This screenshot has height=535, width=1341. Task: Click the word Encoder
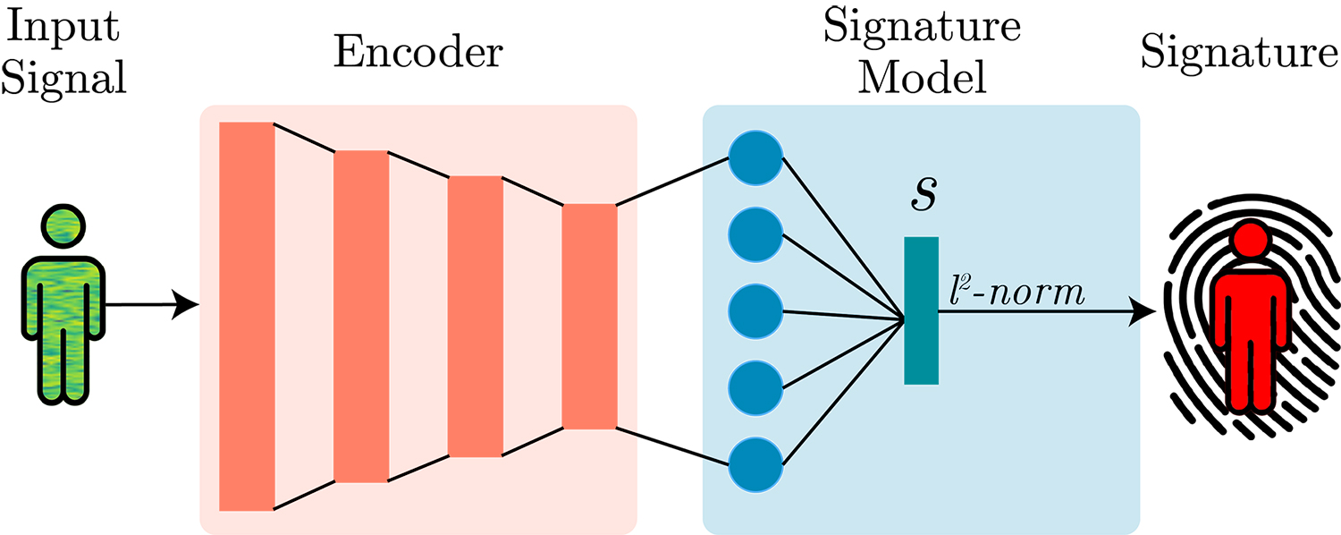(417, 52)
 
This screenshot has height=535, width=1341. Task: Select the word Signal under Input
(63, 79)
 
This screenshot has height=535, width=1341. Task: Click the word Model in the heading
(922, 77)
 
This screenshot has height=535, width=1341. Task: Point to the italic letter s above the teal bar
(923, 195)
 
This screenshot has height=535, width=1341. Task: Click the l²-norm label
(1016, 293)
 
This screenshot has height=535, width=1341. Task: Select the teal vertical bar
(921, 310)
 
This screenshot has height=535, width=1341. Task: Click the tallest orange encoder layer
(247, 317)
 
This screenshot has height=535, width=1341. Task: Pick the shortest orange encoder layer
(589, 317)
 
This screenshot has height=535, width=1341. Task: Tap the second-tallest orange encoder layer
(361, 317)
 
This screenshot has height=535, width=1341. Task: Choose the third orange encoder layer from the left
(476, 317)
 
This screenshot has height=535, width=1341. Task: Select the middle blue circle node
(755, 311)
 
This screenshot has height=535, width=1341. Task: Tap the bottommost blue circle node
(755, 465)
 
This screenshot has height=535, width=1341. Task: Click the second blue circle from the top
(755, 235)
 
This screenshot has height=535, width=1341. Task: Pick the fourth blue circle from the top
(755, 388)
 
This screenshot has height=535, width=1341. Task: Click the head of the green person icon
(63, 227)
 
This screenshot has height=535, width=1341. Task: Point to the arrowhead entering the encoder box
(186, 305)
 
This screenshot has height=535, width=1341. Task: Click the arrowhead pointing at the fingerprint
(1143, 311)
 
